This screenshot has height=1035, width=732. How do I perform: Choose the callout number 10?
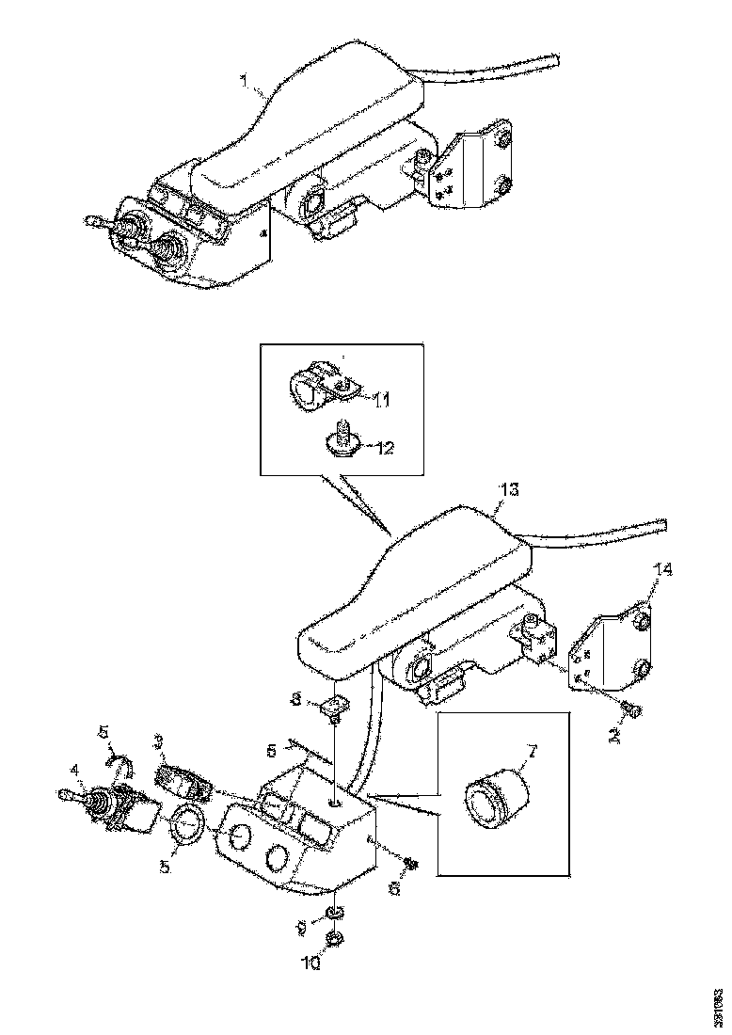311,963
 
